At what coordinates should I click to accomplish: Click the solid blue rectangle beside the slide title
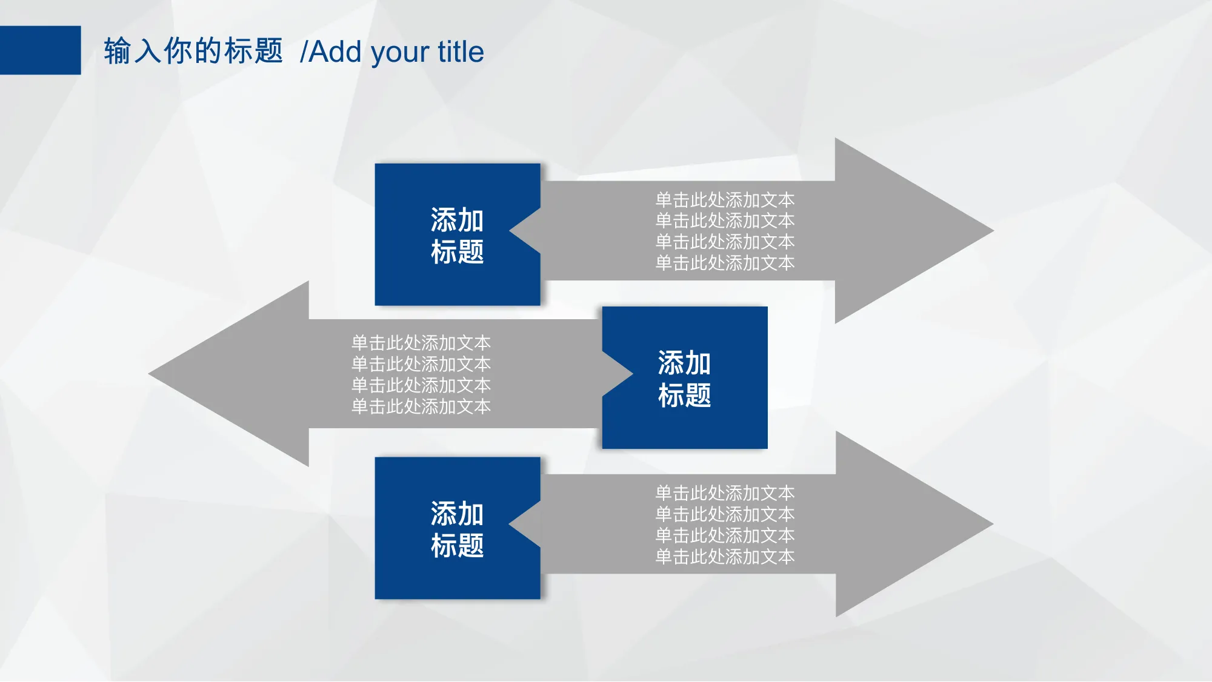pyautogui.click(x=40, y=50)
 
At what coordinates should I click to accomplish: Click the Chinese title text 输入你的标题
pyautogui.click(x=193, y=51)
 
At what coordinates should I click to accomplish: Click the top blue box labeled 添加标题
pyautogui.click(x=448, y=234)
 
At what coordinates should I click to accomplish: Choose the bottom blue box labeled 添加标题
pyautogui.click(x=448, y=528)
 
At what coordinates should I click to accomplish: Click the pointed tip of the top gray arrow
pyautogui.click(x=994, y=231)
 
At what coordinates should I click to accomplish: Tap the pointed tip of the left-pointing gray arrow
pyautogui.click(x=149, y=374)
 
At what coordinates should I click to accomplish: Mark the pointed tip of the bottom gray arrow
pyautogui.click(x=993, y=524)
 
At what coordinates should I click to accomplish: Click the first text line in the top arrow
pyautogui.click(x=725, y=200)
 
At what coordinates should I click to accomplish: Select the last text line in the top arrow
pyautogui.click(x=725, y=263)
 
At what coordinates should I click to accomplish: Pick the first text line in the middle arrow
pyautogui.click(x=421, y=343)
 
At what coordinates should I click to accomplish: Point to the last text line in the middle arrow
pyautogui.click(x=421, y=406)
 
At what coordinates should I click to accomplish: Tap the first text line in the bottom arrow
pyautogui.click(x=725, y=493)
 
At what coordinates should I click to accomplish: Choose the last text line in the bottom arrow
pyautogui.click(x=725, y=557)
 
